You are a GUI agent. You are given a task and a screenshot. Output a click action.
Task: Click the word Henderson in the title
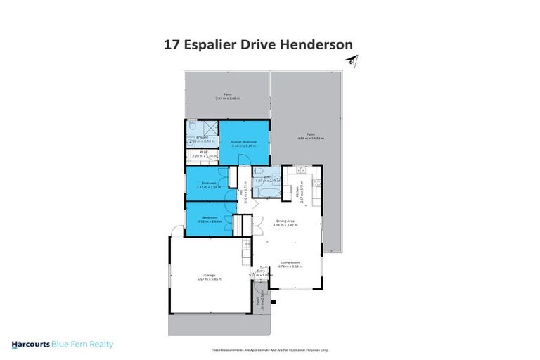[318, 44]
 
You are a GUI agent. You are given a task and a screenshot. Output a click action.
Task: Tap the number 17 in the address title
[171, 44]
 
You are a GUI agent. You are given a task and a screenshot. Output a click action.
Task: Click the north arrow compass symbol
[351, 63]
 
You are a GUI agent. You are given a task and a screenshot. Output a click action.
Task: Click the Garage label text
[209, 275]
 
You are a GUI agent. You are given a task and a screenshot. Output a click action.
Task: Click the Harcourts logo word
[34, 345]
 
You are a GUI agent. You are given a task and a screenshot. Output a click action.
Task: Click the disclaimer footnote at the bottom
[270, 349]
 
